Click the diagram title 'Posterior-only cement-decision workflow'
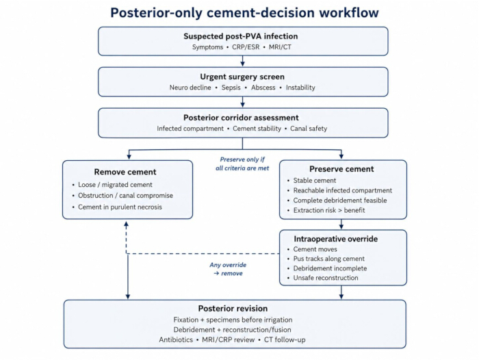(244, 13)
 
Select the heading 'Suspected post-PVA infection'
(241, 36)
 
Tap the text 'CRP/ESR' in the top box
(246, 47)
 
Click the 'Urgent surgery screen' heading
(242, 77)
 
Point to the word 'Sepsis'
(231, 88)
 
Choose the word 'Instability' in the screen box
(300, 88)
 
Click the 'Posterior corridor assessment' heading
(241, 118)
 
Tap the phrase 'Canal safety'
(309, 129)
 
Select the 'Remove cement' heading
(125, 172)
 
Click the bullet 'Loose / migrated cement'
(115, 185)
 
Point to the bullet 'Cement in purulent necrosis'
(120, 207)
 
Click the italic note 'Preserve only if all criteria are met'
(242, 164)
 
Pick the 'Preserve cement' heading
(341, 169)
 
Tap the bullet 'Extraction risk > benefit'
(329, 210)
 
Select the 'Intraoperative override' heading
(336, 239)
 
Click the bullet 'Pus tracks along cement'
(329, 259)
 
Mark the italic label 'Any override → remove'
(228, 269)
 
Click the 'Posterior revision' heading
(233, 309)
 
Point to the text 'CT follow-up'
(285, 340)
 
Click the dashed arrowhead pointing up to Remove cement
(126, 224)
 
